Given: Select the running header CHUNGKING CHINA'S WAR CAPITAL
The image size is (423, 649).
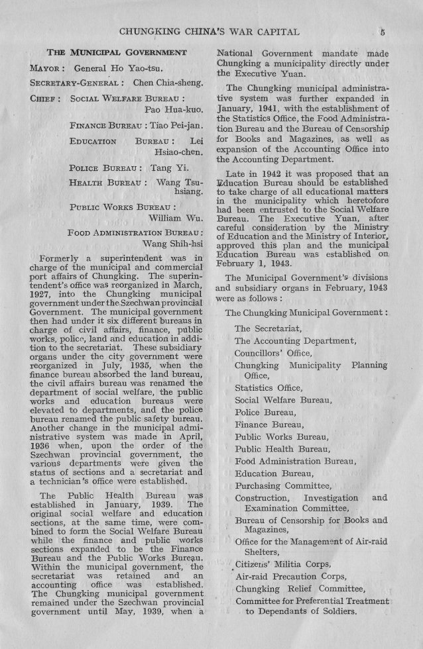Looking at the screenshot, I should [x=207, y=30].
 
